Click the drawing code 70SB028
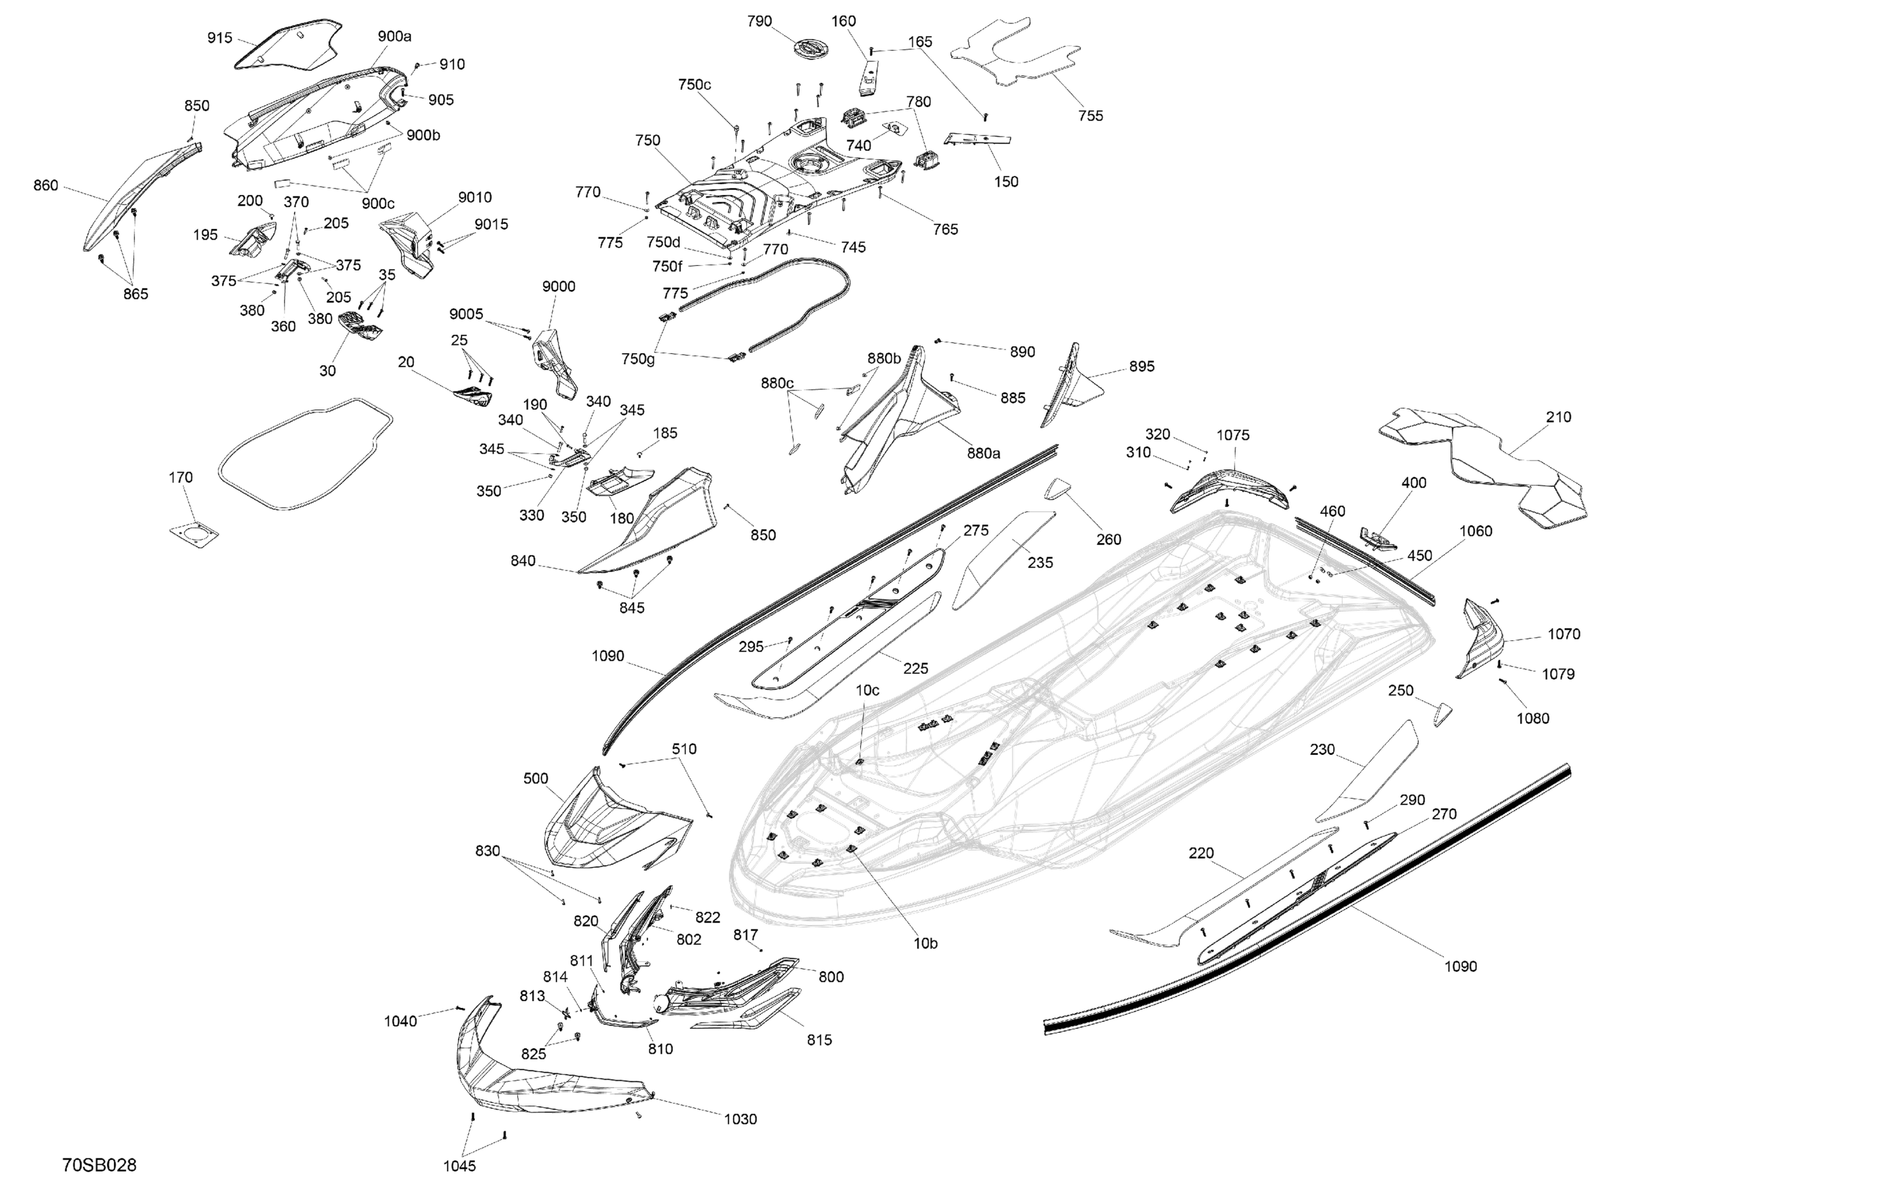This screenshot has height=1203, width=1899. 99,1165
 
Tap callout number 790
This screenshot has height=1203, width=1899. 760,22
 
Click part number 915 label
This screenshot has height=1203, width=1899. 220,38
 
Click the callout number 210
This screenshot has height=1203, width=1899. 1558,417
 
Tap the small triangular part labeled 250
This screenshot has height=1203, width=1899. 1443,713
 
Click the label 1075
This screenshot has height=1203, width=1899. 1232,435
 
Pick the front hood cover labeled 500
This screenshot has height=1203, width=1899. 607,820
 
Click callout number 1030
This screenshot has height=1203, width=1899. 740,1119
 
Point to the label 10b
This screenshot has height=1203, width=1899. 926,943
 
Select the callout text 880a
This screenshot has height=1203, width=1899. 984,453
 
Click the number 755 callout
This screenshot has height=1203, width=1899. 1091,116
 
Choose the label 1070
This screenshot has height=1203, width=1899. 1564,634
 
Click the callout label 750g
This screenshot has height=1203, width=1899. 638,359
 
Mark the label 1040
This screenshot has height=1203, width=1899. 401,1021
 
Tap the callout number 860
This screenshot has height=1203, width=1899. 46,185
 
